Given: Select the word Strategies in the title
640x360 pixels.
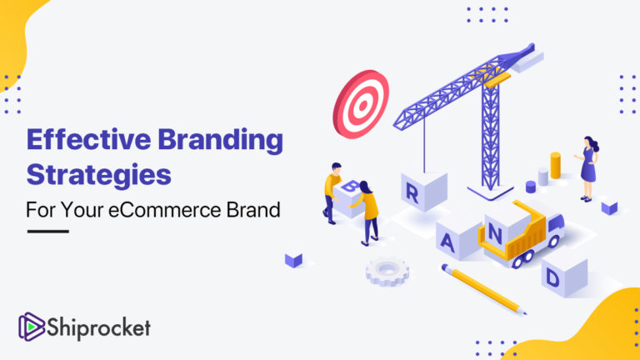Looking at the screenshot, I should pos(98,176).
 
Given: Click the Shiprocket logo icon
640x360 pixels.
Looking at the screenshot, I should pos(31,327).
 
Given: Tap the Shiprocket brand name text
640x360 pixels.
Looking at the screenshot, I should pos(99,327).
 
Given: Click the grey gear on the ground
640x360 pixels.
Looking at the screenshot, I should pos(387,270).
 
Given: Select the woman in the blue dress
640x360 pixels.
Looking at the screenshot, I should pos(588,167).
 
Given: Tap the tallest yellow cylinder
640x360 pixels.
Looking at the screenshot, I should pos(555,166).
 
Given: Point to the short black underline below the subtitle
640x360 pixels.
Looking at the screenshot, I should pos(47,231).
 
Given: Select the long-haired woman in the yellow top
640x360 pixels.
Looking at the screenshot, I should pos(367,210).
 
